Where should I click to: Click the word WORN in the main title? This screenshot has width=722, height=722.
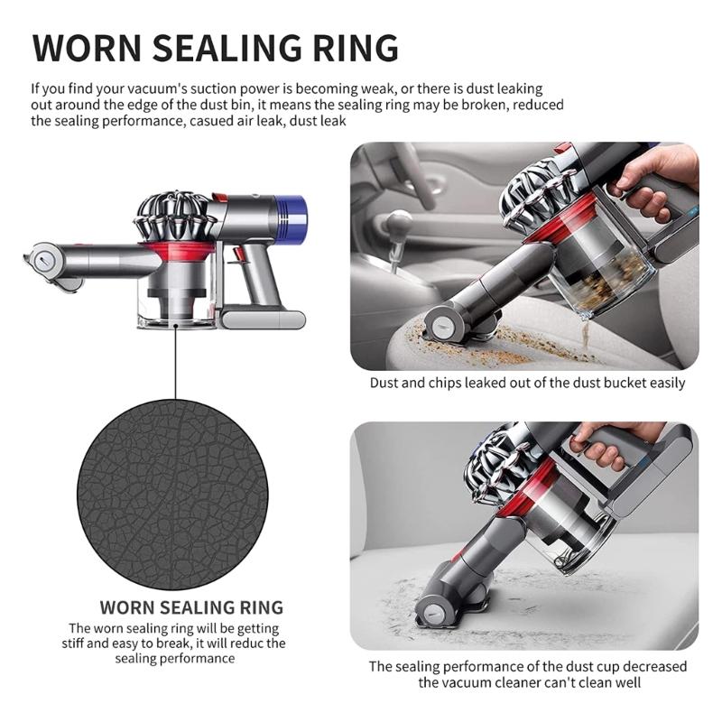pos(87,48)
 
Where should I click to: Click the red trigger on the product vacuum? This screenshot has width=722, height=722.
pos(237,255)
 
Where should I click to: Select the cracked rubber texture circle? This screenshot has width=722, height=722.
pos(172,494)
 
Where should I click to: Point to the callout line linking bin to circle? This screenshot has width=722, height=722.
pos(175,363)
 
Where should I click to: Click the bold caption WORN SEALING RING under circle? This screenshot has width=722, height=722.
pos(191,607)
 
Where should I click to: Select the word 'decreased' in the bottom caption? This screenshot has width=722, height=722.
pos(654,666)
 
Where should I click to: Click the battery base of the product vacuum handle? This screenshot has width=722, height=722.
pos(263,319)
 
